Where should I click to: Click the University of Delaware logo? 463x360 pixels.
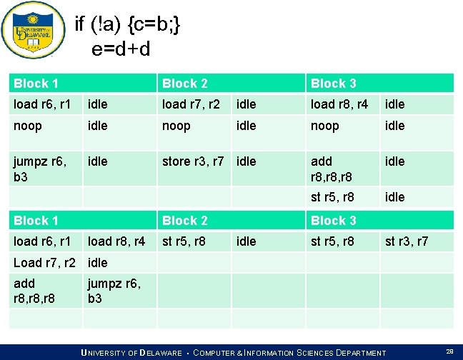pos(29,32)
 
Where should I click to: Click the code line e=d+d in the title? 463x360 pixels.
pos(121,49)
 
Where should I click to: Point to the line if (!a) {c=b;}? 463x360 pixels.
pos(128,26)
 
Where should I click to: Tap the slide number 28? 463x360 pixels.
pos(449,351)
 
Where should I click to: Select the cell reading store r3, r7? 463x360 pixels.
pos(193,161)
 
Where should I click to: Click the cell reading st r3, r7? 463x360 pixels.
pos(407,241)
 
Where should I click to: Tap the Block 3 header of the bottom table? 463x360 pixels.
pos(333,221)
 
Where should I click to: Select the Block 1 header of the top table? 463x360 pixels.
pos(36,84)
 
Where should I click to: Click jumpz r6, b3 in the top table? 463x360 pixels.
pos(39,169)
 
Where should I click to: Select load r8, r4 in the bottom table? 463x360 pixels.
pos(116,241)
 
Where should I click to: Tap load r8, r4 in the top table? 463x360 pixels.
pos(339,104)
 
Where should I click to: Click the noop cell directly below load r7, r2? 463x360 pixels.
pos(176,126)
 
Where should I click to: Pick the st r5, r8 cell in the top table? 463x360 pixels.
pos(332,197)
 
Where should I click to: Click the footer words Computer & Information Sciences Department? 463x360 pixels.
pos(289,353)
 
